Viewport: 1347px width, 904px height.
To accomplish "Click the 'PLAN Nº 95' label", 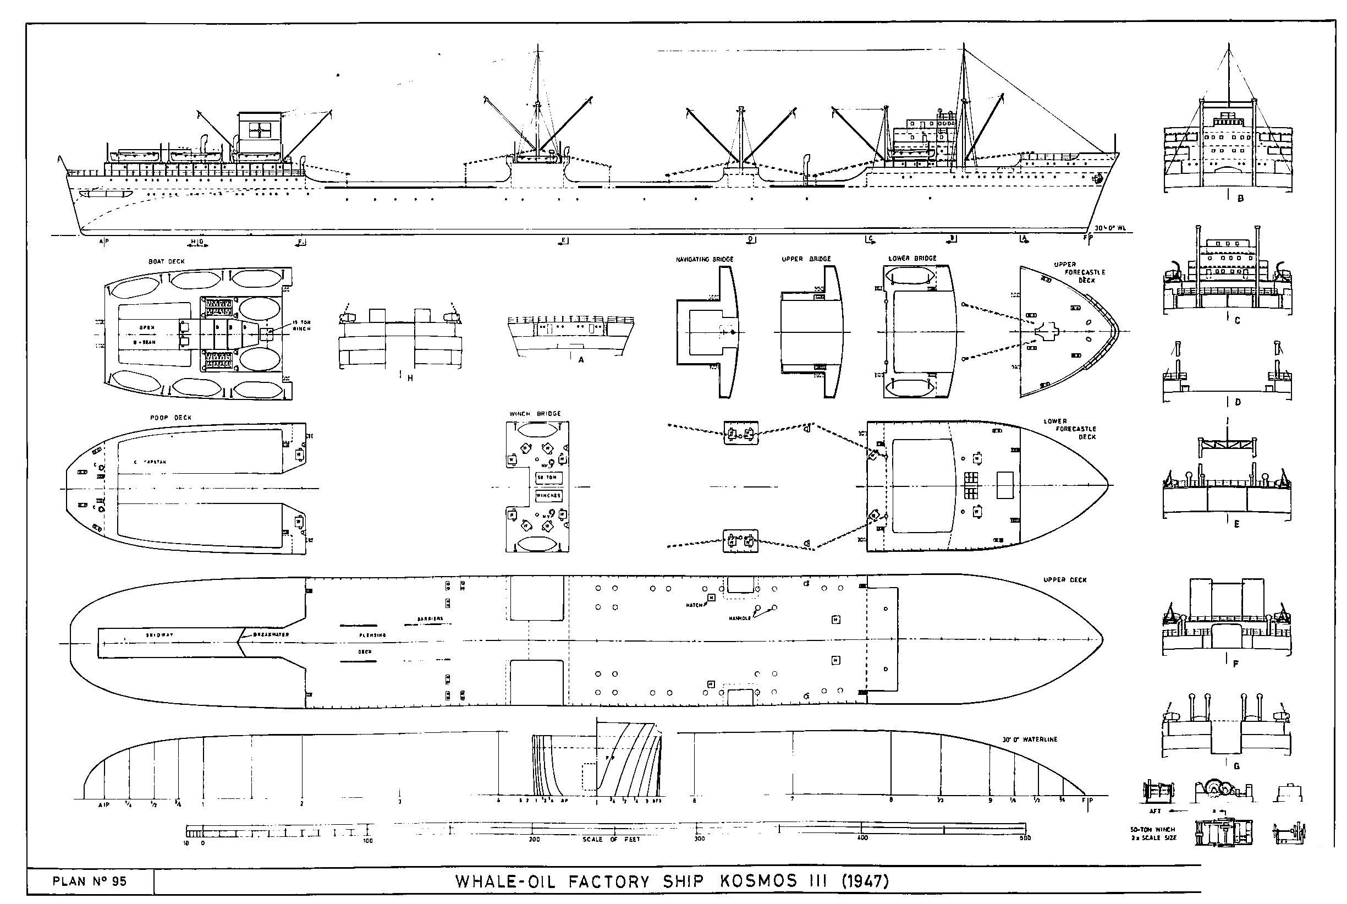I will coord(89,881).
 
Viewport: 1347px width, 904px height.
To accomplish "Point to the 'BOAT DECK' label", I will coord(166,261).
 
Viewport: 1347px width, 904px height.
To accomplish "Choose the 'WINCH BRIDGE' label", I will coord(534,414).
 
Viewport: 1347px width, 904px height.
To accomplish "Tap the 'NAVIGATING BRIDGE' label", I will coord(705,260).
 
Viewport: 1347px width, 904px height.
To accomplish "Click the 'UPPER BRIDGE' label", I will coord(806,259).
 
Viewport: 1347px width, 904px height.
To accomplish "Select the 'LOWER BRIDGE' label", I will coord(912,258).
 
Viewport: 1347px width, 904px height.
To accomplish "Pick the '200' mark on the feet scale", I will coord(534,840).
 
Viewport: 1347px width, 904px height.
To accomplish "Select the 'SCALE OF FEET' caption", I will coord(611,840).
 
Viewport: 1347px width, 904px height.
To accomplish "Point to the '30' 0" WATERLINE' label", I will coord(1029,739).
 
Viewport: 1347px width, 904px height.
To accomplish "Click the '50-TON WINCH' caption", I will coord(1153,830).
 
